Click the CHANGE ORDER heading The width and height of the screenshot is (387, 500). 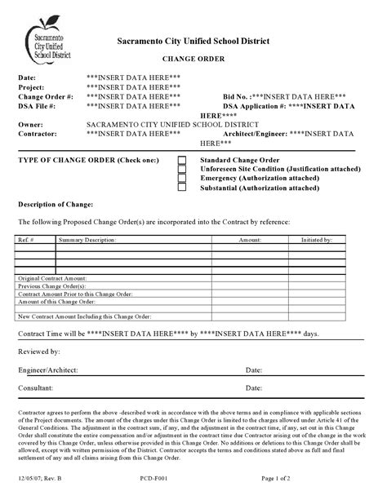[x=193, y=60]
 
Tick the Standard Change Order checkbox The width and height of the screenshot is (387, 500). [x=182, y=161]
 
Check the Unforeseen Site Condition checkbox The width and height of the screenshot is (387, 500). [x=182, y=170]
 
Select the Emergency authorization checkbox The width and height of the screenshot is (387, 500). [x=182, y=179]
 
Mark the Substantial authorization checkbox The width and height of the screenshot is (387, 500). [x=182, y=188]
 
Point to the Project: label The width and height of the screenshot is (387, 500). [x=33, y=86]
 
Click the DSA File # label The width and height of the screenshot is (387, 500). [x=37, y=106]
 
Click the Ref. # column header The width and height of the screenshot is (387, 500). [x=24, y=241]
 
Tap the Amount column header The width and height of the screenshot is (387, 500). [x=249, y=241]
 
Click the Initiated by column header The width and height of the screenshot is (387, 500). [x=317, y=241]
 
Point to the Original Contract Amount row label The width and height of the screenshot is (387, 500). [x=52, y=280]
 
